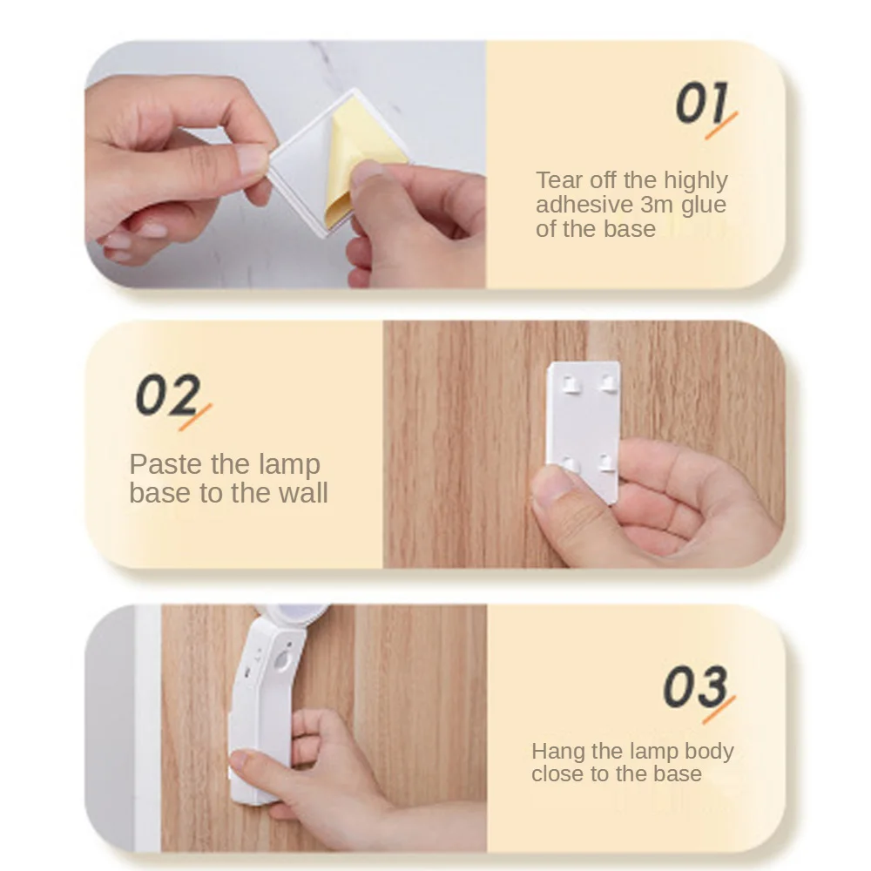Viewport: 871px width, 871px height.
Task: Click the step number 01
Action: click(x=701, y=103)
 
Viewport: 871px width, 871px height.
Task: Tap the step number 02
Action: click(x=168, y=394)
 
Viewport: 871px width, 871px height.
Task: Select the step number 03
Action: click(x=695, y=686)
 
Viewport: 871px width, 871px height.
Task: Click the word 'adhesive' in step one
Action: click(x=584, y=205)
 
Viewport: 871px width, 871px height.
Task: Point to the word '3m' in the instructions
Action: click(x=656, y=205)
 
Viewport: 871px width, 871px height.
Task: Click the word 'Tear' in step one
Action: click(x=559, y=180)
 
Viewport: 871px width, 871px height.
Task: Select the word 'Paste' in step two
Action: click(x=165, y=464)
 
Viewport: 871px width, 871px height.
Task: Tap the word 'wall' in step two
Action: click(x=303, y=492)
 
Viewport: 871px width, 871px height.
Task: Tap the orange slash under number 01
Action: click(x=721, y=125)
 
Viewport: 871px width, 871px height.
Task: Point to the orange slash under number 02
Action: click(x=195, y=417)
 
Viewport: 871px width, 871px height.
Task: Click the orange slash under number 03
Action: click(x=719, y=710)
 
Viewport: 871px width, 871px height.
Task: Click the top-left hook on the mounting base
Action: click(x=571, y=384)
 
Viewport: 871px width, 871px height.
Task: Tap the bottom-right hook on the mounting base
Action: click(x=608, y=463)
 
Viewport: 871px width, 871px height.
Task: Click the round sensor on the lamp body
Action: click(x=282, y=661)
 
